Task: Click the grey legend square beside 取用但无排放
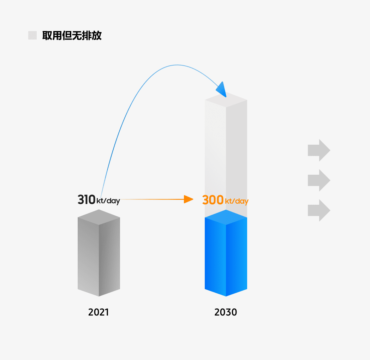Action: pos(32,35)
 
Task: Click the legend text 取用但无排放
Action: pos(72,36)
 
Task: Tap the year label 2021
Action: pos(99,312)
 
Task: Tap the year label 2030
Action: pos(226,312)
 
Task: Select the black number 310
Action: pos(86,199)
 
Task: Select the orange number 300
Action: pos(213,200)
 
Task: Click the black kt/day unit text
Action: pos(108,201)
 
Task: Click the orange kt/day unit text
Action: pos(237,201)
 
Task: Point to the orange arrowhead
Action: pos(188,199)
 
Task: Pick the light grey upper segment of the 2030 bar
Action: pos(226,155)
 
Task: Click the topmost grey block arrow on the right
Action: pos(319,150)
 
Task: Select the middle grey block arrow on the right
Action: pos(319,180)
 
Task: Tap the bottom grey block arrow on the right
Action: pos(319,210)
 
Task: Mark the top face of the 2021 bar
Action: pos(99,217)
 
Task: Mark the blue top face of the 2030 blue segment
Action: pos(226,217)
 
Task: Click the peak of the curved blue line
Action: pos(177,65)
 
